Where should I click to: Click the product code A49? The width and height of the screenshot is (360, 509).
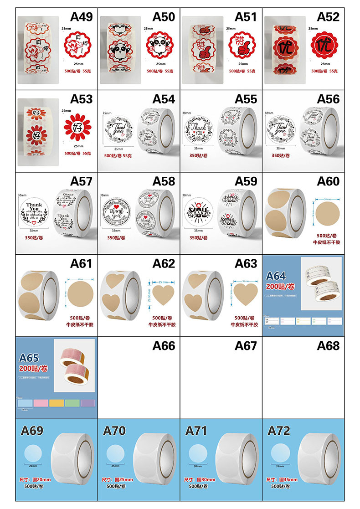82,17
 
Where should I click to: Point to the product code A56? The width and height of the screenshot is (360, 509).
328,99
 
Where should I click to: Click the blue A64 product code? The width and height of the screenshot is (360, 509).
276,276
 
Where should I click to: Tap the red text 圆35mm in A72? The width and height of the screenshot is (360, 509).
288,479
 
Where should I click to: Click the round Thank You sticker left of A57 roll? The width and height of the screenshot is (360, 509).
33,212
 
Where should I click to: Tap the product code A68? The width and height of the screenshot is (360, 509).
328,346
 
